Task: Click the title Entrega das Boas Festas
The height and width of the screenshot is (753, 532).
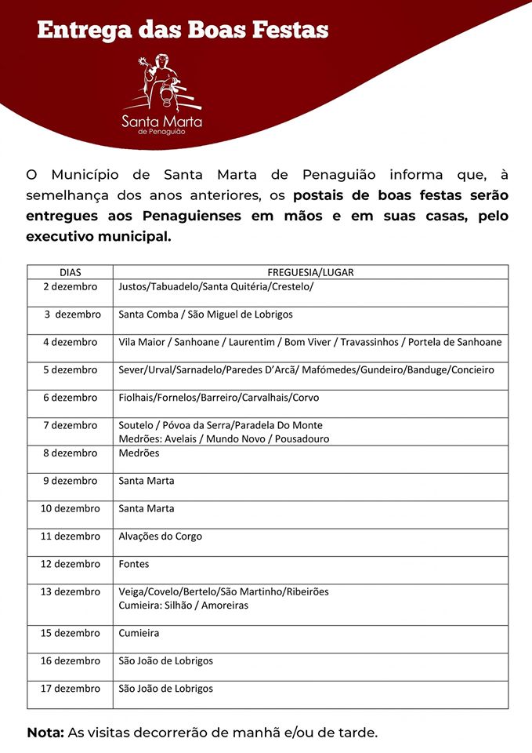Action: click(183, 31)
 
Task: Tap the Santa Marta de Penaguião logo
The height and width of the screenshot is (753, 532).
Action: click(161, 94)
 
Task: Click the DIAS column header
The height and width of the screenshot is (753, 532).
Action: click(71, 272)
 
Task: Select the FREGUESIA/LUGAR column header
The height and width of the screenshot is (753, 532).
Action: click(311, 272)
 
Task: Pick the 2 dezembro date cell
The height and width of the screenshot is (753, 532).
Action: click(71, 287)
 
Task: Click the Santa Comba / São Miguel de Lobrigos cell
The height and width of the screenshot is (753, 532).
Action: click(205, 315)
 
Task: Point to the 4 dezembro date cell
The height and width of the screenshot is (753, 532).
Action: click(71, 342)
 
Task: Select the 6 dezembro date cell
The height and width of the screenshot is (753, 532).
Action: click(71, 398)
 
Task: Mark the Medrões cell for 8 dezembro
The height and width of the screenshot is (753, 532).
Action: click(139, 453)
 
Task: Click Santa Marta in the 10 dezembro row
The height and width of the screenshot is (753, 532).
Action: click(147, 508)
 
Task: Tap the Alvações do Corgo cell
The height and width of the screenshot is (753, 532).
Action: click(160, 537)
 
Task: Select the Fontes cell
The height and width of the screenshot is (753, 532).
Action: click(134, 564)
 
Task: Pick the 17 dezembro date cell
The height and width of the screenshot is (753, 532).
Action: click(71, 689)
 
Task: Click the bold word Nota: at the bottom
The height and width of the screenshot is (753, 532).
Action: click(45, 733)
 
